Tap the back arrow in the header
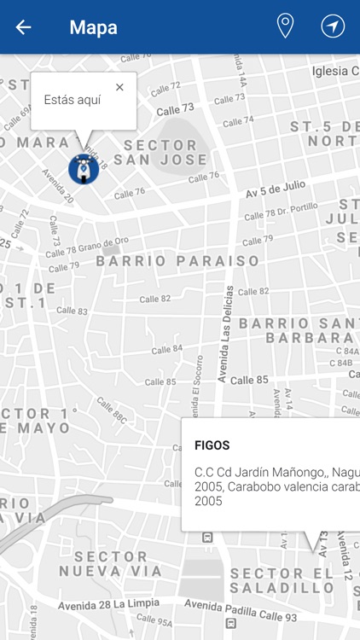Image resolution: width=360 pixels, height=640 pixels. (x=23, y=27)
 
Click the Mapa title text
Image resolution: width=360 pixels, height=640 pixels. (x=93, y=27)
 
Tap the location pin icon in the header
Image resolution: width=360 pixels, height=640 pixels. (x=285, y=26)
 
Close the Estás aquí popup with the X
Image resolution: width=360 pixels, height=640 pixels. (x=119, y=87)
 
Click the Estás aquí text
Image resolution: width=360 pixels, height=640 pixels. (x=73, y=100)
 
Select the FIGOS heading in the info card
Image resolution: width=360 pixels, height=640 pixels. (x=212, y=445)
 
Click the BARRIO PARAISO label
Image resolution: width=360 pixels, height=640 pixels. (x=177, y=261)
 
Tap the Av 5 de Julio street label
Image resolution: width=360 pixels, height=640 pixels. (x=275, y=191)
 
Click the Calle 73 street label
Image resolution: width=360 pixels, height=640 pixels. (x=176, y=108)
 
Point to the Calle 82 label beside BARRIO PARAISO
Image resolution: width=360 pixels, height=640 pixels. (x=155, y=299)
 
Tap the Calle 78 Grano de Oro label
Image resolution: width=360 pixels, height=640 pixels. (x=88, y=246)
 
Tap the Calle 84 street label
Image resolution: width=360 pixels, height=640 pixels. (x=167, y=348)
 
